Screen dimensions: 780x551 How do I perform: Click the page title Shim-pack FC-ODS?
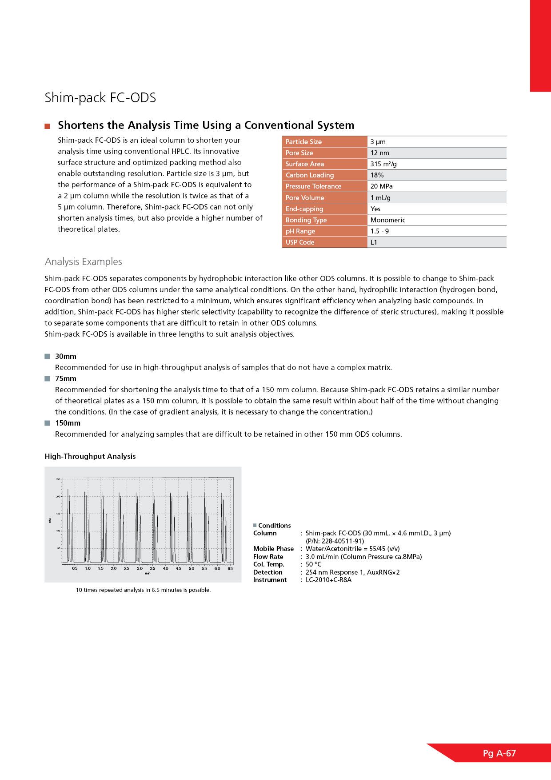coord(100,98)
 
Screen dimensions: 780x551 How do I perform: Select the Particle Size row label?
coord(303,142)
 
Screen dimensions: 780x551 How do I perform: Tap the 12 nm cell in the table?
coord(379,153)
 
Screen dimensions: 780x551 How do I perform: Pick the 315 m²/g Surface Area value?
coord(383,164)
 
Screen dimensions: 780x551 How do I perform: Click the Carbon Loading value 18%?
coord(377,175)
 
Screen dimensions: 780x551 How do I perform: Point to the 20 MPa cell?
coord(381,186)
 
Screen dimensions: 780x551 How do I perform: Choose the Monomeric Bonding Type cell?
coord(387,220)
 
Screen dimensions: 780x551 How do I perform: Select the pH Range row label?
coord(300,231)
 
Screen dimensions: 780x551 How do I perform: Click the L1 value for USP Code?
coord(374,242)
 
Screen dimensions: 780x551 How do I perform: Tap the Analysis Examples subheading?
coord(84,262)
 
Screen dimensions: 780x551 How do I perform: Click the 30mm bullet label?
coord(66,357)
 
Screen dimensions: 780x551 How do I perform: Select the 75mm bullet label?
coord(66,379)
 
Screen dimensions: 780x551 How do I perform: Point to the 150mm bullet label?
coord(68,423)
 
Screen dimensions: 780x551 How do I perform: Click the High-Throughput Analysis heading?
coord(90,457)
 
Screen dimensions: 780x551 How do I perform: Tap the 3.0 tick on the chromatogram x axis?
coord(140,568)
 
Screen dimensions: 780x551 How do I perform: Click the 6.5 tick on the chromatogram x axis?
coord(230,568)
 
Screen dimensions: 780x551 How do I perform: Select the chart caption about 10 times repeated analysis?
coord(143,590)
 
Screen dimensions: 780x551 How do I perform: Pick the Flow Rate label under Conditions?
coord(268,557)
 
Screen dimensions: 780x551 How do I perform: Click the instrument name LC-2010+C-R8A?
coord(328,580)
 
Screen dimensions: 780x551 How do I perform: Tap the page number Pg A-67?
coord(499,753)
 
